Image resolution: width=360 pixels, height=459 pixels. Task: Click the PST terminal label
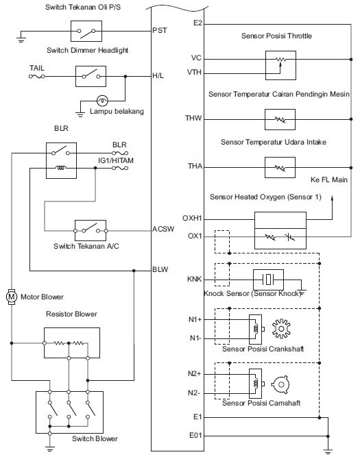159,31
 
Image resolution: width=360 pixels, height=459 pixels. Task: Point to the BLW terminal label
160,269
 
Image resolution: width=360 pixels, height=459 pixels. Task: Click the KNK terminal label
194,280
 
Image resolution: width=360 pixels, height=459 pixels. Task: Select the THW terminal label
194,119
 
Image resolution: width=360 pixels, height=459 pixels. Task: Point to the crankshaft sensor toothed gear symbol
282,326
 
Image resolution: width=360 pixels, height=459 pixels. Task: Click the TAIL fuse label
37,69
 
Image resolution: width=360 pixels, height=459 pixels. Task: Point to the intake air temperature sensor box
278,166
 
